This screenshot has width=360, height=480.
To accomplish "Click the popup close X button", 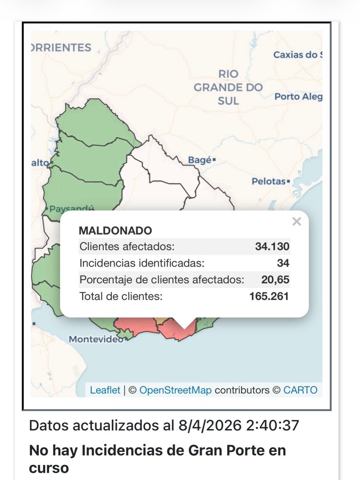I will (296, 221).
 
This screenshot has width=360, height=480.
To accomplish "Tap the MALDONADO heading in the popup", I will (115, 231).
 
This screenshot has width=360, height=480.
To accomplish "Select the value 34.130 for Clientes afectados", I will (272, 247).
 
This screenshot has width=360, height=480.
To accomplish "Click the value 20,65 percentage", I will (275, 280).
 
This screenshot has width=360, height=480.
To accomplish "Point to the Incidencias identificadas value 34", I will (283, 263).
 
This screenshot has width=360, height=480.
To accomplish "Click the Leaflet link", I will (105, 390).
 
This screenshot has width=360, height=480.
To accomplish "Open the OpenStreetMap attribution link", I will (176, 390).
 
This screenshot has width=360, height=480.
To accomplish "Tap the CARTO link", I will (300, 390).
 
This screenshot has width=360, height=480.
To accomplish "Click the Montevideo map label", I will (96, 339).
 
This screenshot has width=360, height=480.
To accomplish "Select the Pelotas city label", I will (269, 181).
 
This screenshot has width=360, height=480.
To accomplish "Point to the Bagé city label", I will (200, 161).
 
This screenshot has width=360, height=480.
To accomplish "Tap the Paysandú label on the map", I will (71, 209).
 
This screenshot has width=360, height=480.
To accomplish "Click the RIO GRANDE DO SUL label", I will (228, 87).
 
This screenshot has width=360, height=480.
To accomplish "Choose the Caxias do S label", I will (297, 55).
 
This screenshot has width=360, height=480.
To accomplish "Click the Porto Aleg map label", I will (298, 97).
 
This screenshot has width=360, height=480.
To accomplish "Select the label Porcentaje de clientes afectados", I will (162, 280).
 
